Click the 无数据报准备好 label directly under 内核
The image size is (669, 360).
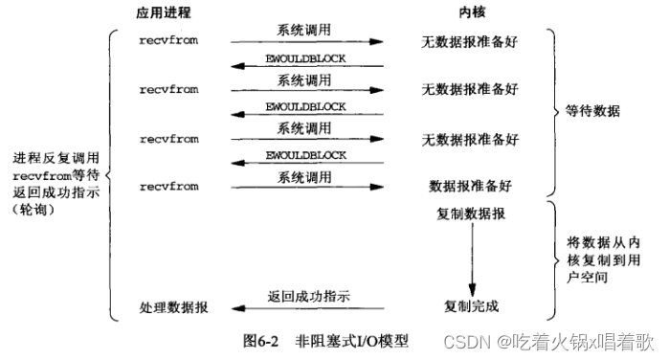(x=471, y=41)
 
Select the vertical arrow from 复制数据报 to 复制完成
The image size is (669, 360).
(x=471, y=259)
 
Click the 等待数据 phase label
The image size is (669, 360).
(x=593, y=112)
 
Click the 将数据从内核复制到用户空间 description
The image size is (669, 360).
(x=600, y=260)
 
